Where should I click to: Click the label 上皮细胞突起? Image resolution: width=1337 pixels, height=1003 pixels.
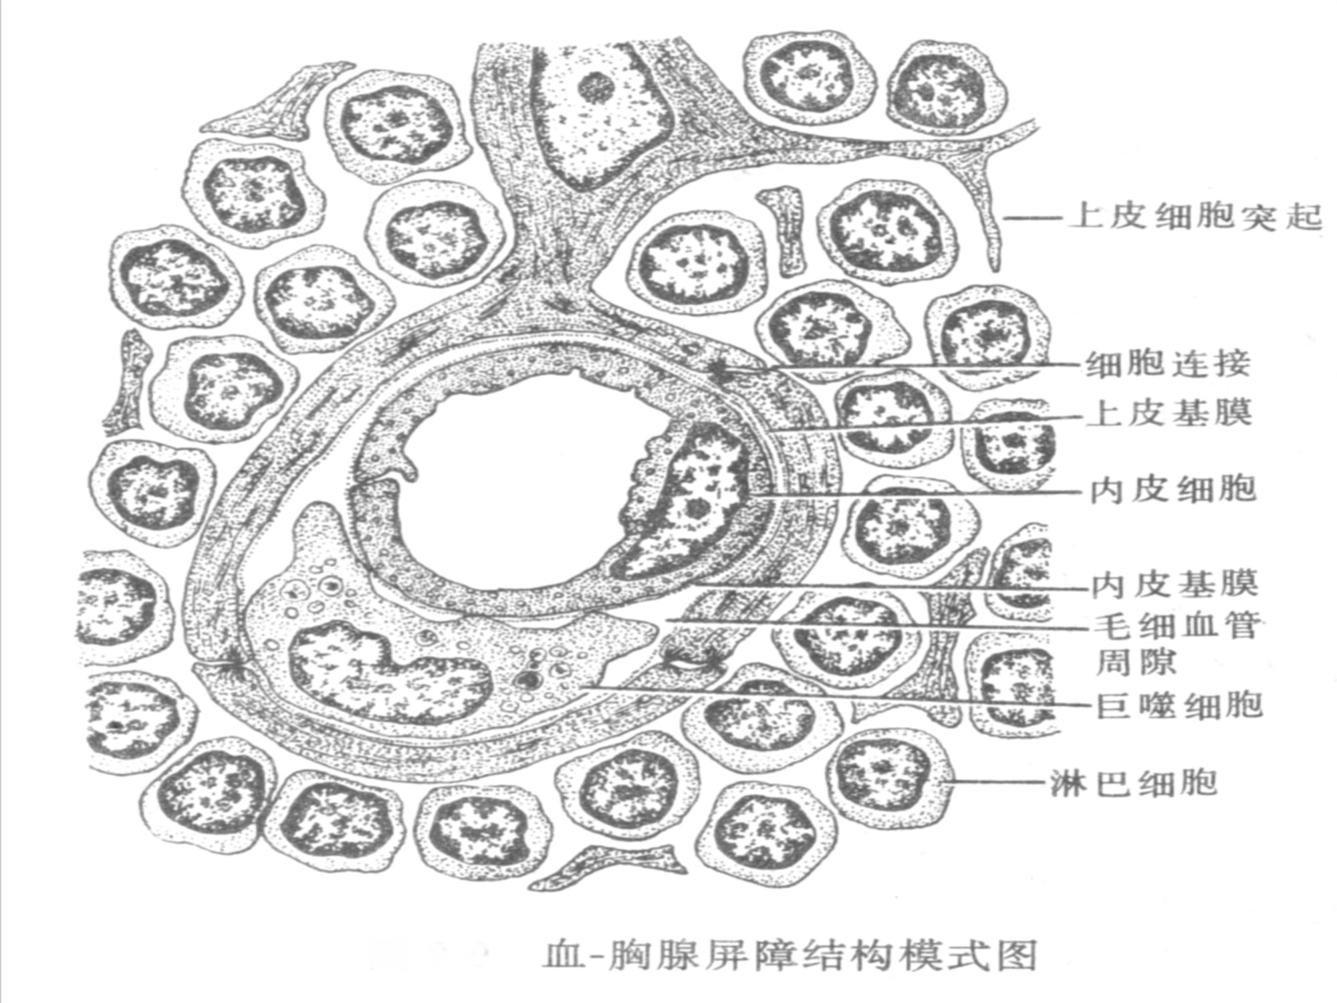[x=1197, y=217]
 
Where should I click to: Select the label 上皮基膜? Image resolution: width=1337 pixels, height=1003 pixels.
[x=1170, y=413]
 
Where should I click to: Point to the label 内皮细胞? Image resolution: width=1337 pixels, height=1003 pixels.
[x=1173, y=489]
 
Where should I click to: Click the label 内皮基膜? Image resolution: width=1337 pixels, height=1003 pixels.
[x=1175, y=584]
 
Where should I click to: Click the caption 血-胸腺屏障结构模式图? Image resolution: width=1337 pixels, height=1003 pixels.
[x=789, y=955]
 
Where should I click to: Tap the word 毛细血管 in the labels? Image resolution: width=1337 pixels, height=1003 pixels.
[x=1177, y=625]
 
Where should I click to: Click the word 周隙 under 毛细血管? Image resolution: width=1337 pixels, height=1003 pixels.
[x=1136, y=662]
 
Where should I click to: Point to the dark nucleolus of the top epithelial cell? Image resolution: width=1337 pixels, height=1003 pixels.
[x=595, y=87]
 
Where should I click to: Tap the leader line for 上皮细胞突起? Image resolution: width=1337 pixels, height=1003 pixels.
[x=1033, y=217]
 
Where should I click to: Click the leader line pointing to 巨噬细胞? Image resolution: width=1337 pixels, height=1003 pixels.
[x=836, y=695]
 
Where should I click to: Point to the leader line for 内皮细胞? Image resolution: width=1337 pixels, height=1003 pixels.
[x=916, y=493]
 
